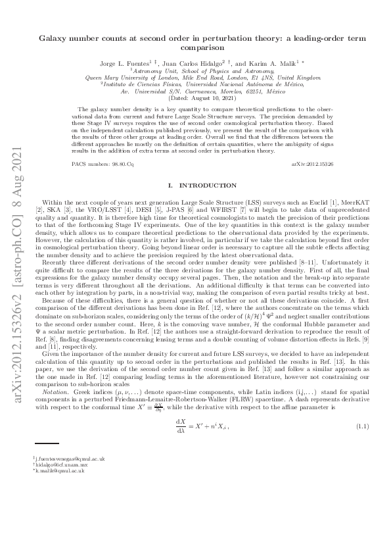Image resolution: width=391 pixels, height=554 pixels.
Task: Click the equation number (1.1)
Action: (x=363, y=428)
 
